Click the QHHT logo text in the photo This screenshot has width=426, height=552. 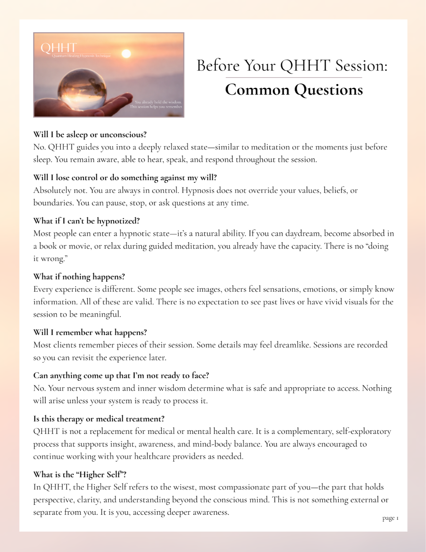[59, 48]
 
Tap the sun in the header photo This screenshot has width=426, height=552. [126, 54]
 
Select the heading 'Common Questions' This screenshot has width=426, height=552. [294, 90]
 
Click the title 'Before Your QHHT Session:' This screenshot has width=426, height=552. [292, 66]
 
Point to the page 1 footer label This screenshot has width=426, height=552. [390, 518]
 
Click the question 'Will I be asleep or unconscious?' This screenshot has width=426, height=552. [90, 135]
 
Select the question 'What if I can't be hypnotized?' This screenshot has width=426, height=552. [87, 221]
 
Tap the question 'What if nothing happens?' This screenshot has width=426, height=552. [79, 277]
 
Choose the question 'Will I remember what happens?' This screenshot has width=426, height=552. [90, 332]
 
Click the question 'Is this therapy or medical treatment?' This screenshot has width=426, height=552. [99, 419]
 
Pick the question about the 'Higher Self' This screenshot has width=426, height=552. [80, 475]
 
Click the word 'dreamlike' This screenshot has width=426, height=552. [291, 345]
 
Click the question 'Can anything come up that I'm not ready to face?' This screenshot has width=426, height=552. [121, 376]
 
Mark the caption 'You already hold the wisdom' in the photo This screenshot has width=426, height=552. [158, 102]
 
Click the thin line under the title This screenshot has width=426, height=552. [294, 78]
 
